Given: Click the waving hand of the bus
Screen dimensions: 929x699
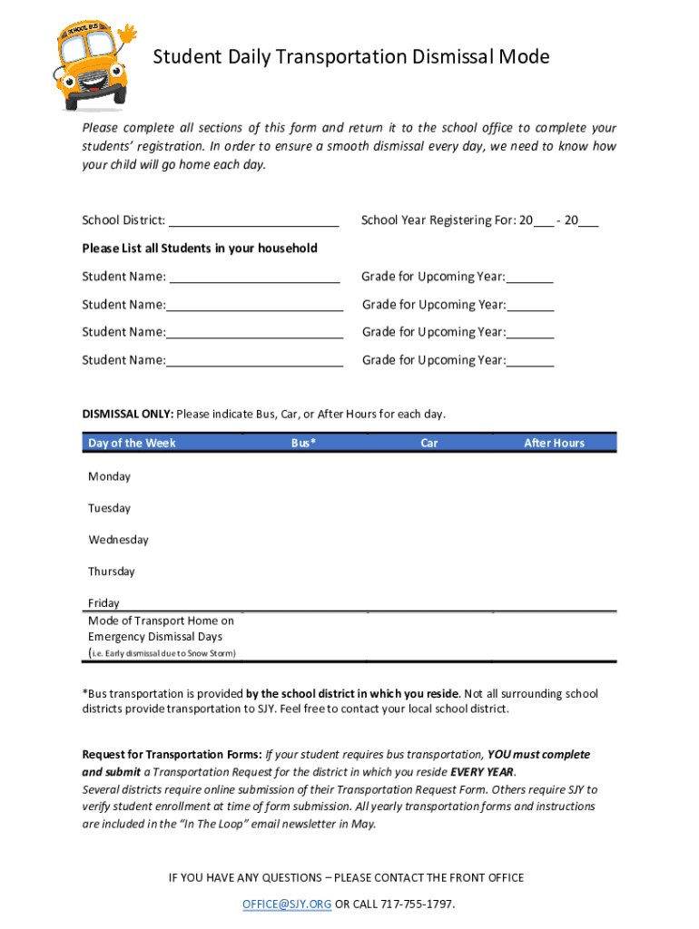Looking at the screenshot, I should tap(125, 37).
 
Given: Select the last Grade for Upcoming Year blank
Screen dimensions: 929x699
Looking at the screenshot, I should tap(530, 361).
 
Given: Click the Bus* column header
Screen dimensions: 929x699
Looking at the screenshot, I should tap(303, 443).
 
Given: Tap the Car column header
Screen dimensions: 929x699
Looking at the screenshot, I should tap(429, 443).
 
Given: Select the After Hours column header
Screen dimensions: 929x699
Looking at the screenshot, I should tap(554, 443).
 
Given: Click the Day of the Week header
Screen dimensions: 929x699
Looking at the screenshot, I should tap(132, 443).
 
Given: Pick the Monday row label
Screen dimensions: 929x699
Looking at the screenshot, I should tap(109, 476).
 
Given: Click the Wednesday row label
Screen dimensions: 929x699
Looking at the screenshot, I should tap(118, 540).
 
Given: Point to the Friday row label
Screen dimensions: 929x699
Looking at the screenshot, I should tap(103, 602).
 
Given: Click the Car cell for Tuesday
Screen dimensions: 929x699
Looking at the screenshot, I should tap(429, 508).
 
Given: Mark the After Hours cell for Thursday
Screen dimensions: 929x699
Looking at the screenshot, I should tap(554, 572).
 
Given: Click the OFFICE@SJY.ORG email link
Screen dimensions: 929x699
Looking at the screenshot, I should tap(286, 905).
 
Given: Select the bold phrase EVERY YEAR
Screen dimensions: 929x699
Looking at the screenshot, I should tap(482, 772).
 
